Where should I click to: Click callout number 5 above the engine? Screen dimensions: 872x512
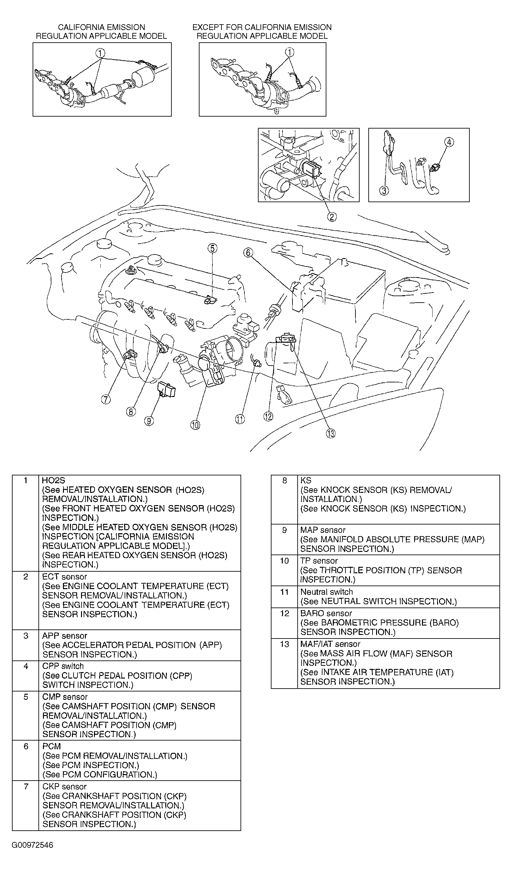click(212, 248)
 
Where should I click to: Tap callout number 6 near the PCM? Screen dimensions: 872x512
click(248, 253)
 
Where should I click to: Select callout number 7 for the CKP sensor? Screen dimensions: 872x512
click(106, 399)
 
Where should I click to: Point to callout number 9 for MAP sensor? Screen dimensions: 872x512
click(149, 421)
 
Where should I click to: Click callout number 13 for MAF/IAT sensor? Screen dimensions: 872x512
click(331, 433)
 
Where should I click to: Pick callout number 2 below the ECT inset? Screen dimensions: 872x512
click(332, 217)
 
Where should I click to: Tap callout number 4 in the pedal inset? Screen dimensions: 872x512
click(449, 142)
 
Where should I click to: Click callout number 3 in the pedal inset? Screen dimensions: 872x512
click(384, 190)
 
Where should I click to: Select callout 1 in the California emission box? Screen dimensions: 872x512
click(100, 53)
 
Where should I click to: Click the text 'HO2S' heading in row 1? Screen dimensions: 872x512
click(53, 480)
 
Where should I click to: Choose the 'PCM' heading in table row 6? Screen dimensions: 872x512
click(51, 746)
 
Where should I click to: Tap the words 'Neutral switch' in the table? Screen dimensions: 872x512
click(326, 592)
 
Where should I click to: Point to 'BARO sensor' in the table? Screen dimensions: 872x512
click(326, 613)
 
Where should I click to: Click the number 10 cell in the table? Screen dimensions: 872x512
click(284, 561)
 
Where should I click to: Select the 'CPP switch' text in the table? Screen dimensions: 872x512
click(63, 666)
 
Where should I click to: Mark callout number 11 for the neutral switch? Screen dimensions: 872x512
click(240, 419)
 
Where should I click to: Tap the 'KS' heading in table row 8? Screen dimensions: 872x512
click(306, 480)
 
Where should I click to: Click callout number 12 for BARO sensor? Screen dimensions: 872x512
click(268, 416)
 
